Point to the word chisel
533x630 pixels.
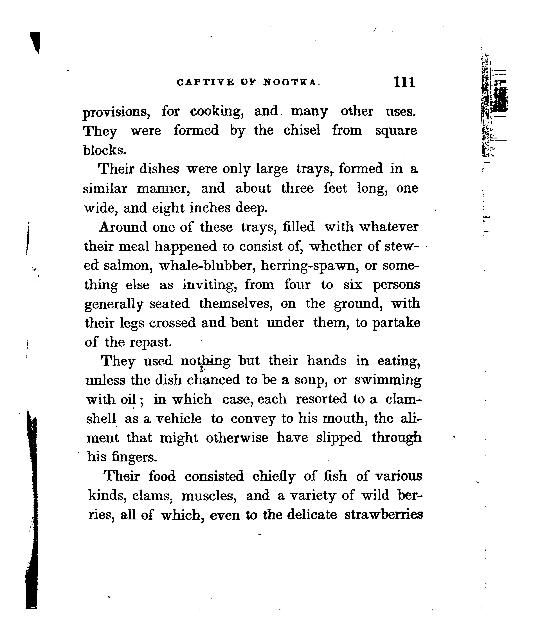(x=302, y=131)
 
